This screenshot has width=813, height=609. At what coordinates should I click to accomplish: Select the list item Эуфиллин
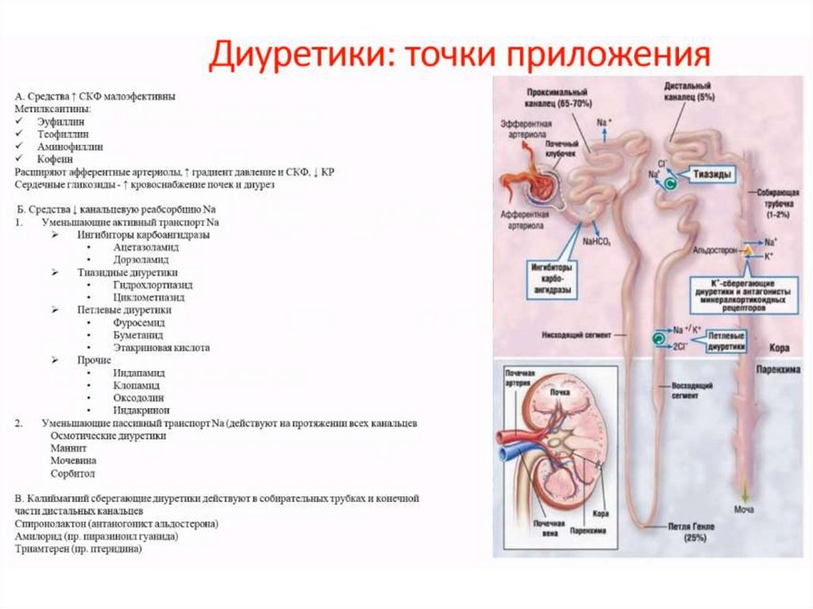point(60,121)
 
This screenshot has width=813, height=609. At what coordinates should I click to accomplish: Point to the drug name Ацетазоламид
point(146,247)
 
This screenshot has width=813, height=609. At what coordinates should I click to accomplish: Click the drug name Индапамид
point(140,372)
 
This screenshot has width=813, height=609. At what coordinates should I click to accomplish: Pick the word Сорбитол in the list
point(72,473)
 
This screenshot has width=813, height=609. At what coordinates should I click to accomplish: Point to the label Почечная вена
point(548,529)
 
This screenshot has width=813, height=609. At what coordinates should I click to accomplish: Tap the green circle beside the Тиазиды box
point(670,183)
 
